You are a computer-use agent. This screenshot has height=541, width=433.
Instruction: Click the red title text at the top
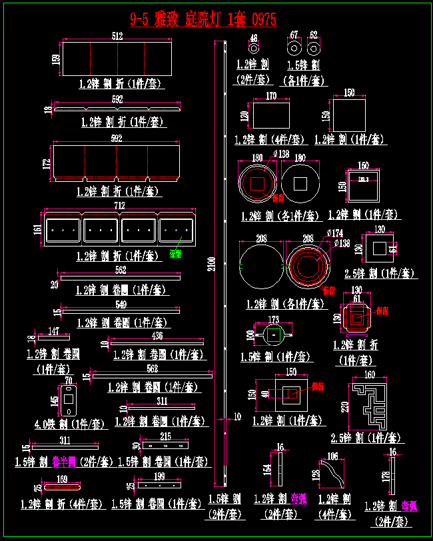(203, 18)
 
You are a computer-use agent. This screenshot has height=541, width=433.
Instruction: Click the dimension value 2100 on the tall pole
(212, 263)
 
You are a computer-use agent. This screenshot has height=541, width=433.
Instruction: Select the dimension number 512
(118, 37)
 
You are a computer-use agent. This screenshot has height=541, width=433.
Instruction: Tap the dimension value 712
(119, 205)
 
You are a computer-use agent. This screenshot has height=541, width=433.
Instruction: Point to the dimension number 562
(121, 270)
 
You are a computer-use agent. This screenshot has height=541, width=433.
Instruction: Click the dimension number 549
(121, 304)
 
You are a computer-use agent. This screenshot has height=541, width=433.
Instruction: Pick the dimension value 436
(157, 335)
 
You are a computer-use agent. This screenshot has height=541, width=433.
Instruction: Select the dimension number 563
(152, 368)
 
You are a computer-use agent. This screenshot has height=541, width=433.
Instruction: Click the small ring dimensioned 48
(254, 49)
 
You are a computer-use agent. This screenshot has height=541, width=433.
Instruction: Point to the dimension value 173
(274, 320)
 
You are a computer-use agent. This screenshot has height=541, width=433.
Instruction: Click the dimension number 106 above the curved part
(332, 456)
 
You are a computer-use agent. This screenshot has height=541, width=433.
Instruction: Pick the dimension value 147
(54, 331)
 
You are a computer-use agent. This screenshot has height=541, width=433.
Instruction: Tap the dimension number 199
(159, 476)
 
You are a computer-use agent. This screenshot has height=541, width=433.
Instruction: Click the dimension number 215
(165, 436)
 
